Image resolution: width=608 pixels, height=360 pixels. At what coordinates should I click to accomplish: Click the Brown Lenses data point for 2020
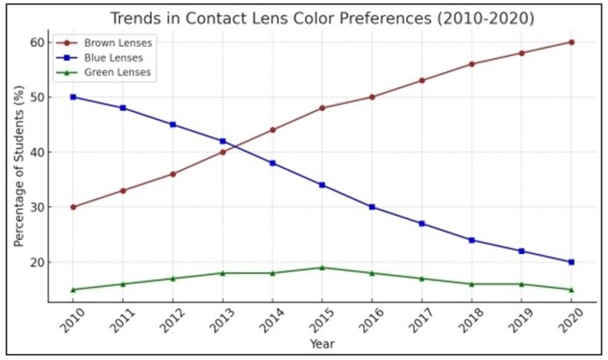[571, 42]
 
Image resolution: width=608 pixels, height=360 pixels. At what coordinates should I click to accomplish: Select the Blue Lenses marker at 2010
[73, 97]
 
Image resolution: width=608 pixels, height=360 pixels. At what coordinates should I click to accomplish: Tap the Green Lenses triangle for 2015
[322, 268]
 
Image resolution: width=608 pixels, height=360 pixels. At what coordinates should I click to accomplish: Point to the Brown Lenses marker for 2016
[372, 97]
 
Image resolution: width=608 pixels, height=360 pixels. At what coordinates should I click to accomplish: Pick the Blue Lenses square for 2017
[422, 224]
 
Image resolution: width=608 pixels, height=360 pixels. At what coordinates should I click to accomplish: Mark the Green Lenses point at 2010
[73, 290]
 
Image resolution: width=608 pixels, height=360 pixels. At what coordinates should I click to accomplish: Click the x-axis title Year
[322, 344]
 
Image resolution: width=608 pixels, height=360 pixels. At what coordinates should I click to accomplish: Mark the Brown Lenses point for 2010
[73, 207]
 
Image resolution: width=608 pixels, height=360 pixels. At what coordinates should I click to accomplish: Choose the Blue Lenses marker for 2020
[571, 262]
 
